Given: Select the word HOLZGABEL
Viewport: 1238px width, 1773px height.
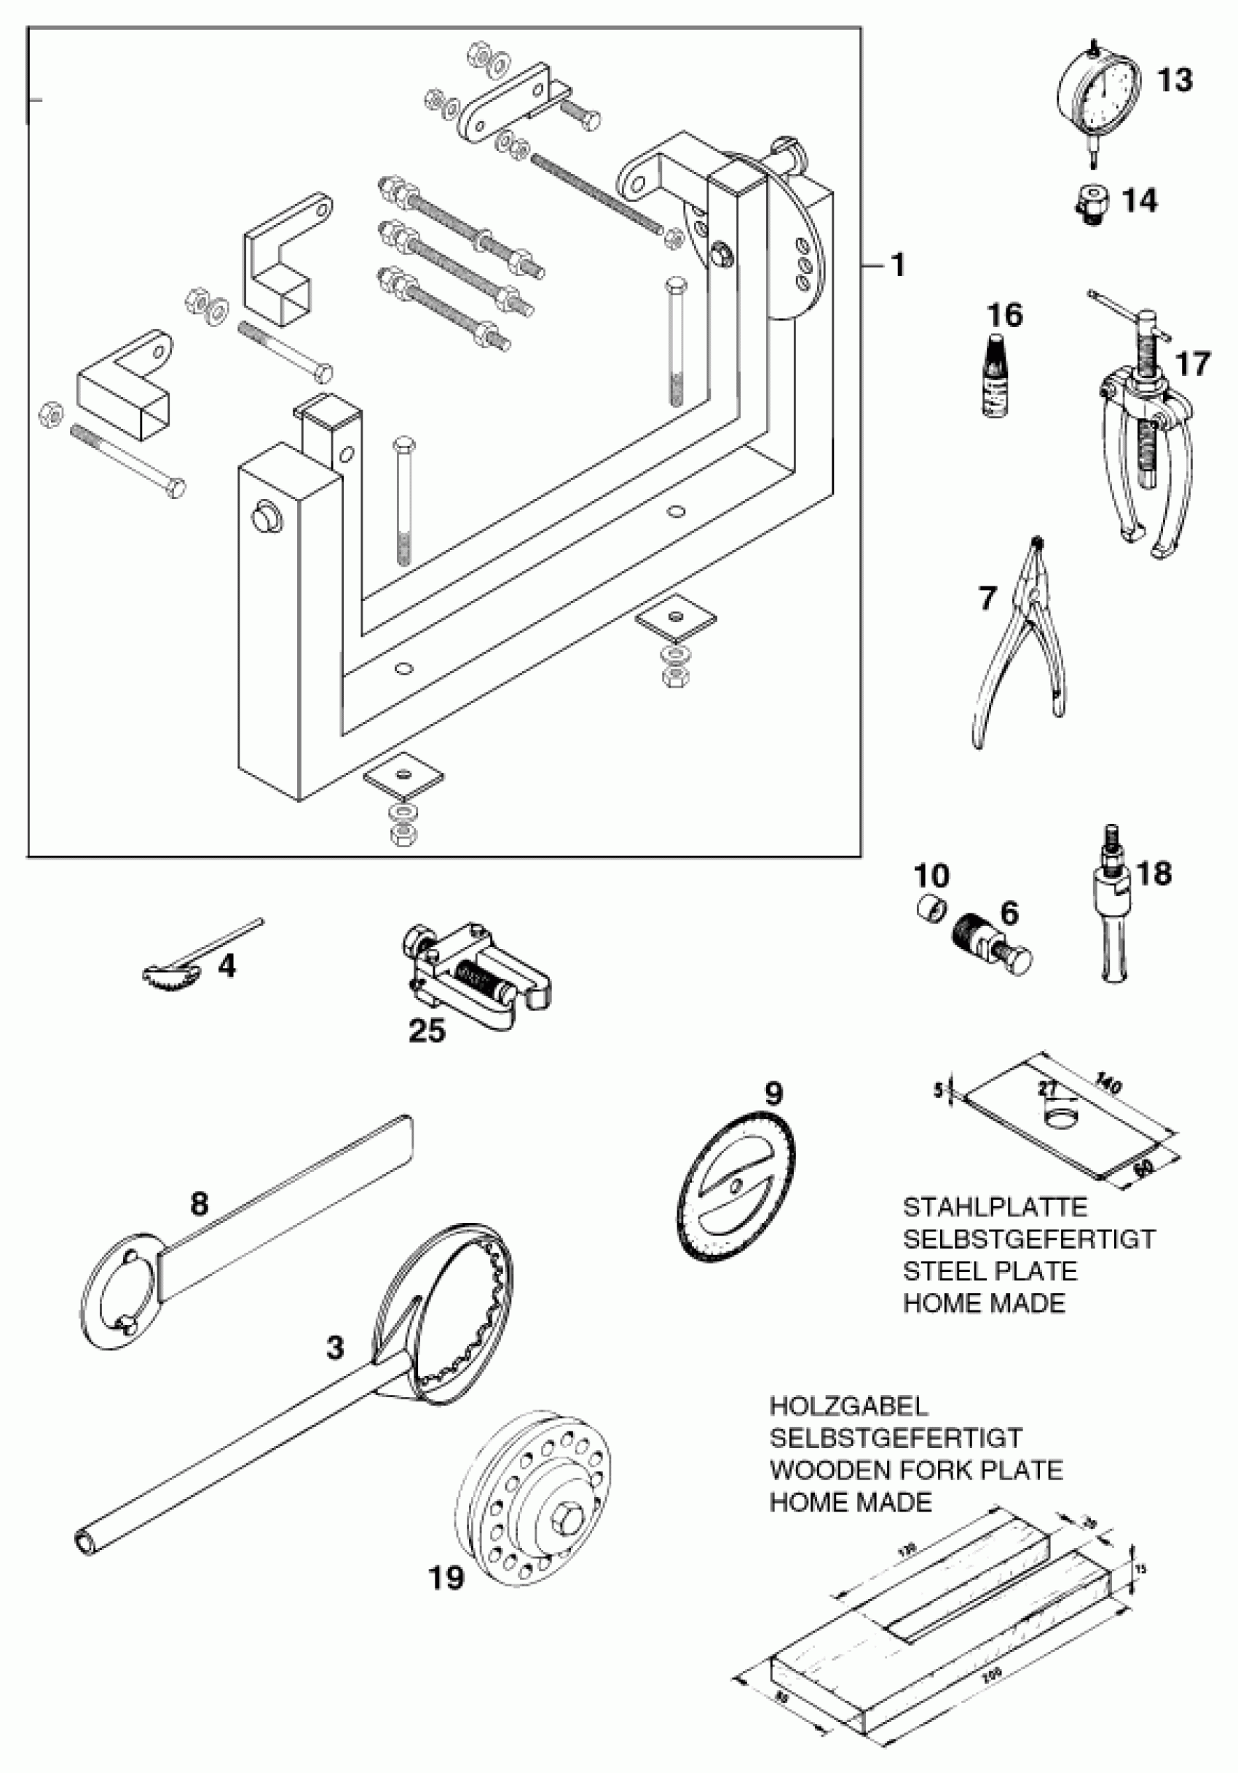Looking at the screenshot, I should pyautogui.click(x=848, y=1406).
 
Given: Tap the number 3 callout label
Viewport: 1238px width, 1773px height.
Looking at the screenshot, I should pyautogui.click(x=334, y=1348).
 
